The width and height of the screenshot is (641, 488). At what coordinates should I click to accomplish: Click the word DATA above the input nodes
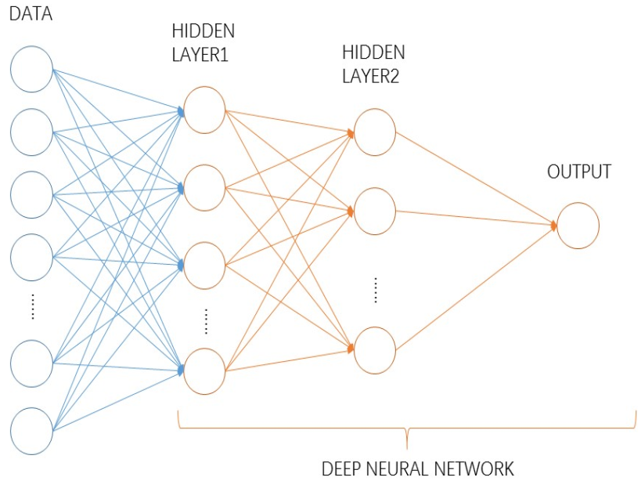(x=31, y=13)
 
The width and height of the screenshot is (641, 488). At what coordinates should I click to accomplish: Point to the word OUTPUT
(x=579, y=172)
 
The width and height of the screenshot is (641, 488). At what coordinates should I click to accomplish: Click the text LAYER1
(x=200, y=54)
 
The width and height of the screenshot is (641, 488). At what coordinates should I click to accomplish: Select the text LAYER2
(x=370, y=76)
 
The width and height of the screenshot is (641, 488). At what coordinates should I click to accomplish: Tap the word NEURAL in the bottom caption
(x=397, y=468)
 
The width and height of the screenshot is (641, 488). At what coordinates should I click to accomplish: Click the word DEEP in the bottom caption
(x=341, y=468)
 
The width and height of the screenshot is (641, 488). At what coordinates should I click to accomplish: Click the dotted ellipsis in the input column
(x=33, y=306)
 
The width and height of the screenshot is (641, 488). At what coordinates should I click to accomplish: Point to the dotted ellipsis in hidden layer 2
(x=376, y=290)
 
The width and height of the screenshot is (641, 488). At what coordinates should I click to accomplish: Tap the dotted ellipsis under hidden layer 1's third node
(x=207, y=321)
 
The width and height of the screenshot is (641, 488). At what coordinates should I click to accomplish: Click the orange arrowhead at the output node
(x=553, y=226)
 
